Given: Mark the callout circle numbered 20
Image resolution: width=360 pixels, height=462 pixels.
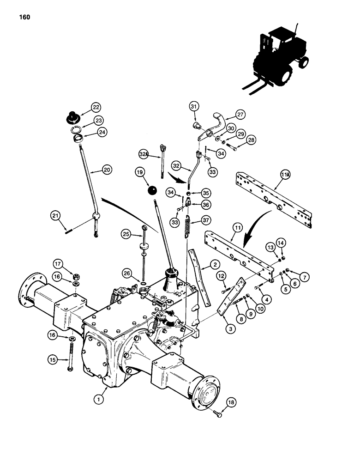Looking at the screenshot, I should [107, 170].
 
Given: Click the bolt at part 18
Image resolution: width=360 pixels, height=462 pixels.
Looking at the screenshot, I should [218, 414].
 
